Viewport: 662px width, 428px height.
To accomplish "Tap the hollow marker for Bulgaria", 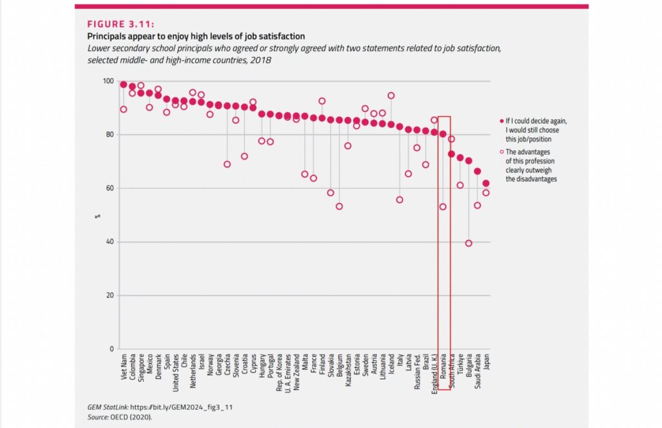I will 469,243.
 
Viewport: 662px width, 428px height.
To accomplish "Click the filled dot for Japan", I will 486,183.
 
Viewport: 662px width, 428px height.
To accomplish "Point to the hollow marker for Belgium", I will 339,206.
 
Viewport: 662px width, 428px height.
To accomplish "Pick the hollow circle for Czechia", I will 227,164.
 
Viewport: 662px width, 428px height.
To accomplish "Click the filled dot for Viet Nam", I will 123,84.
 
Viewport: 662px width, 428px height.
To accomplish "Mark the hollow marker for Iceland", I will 391,96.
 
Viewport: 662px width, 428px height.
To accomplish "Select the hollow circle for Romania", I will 443,207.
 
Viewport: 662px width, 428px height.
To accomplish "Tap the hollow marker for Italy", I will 400,200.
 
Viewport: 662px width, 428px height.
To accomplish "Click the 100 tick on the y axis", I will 107,81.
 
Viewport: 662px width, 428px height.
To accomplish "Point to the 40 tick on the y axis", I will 109,242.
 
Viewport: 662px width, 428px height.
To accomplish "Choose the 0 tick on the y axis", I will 111,349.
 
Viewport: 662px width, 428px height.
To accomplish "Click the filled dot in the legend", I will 502,121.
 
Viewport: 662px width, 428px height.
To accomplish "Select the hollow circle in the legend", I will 502,152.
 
